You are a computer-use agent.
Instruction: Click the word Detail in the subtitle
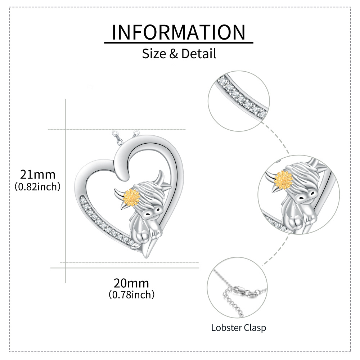(199, 54)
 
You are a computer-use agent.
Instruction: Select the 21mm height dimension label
(38, 175)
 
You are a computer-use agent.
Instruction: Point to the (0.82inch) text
(37, 186)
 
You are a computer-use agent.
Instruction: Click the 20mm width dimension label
(131, 283)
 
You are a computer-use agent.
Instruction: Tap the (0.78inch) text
(131, 294)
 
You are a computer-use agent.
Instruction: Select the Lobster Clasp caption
(239, 328)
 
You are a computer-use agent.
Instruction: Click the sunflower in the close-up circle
(284, 180)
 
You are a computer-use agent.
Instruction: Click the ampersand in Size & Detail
(174, 54)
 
